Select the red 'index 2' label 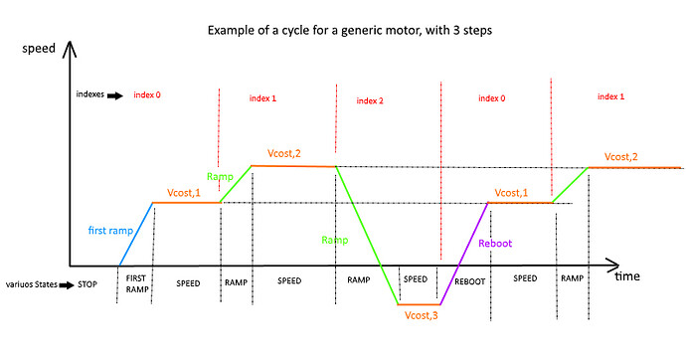(x=369, y=100)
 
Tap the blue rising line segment (x=136, y=235)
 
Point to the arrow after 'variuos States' (x=68, y=283)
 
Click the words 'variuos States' (x=30, y=283)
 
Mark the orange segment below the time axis (x=418, y=303)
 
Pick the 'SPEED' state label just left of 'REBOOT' (x=416, y=279)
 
